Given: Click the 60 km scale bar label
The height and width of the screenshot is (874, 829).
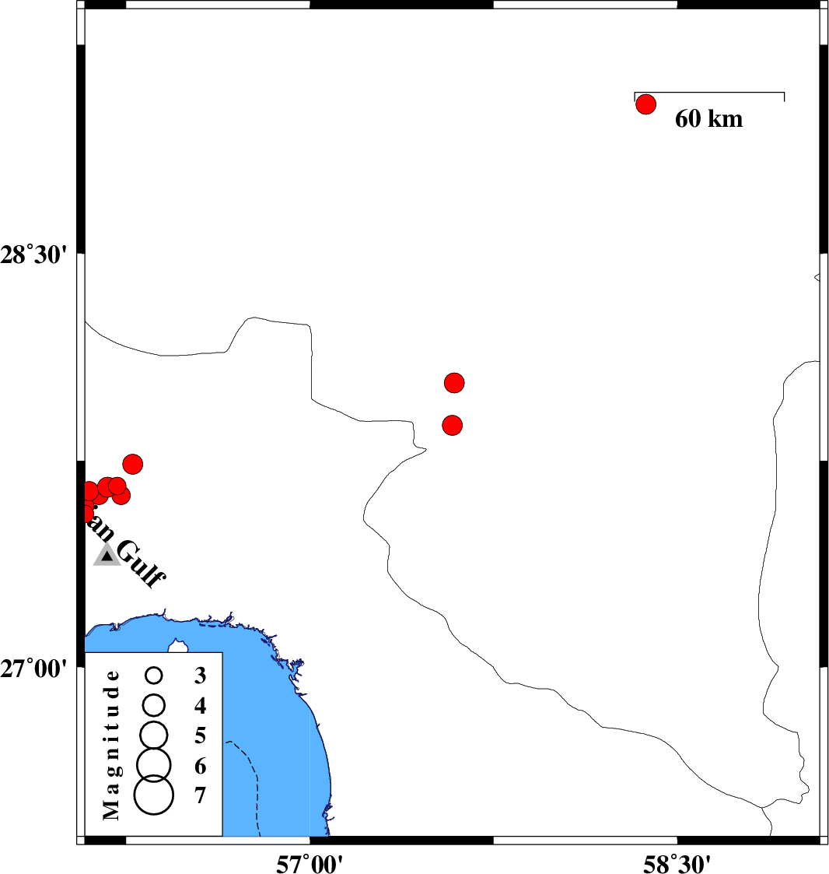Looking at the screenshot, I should coord(708,119).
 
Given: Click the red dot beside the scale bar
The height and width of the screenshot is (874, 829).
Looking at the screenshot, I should coord(646,104).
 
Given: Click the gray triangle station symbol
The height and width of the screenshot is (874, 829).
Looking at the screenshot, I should coord(107,555).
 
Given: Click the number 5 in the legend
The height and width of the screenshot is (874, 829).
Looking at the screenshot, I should coord(200,735).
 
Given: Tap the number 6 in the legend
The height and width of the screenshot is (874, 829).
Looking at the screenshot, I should coord(200,767).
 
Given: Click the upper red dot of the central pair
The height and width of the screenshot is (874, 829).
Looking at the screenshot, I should coord(454,382).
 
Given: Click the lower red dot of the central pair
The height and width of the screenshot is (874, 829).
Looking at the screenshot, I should coord(452,425).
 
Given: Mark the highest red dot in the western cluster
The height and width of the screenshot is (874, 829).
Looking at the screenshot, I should coord(132,465).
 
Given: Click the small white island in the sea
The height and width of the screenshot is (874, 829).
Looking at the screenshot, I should coord(180,645).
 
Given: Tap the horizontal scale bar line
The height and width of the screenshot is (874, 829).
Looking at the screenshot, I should coord(709,93).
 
